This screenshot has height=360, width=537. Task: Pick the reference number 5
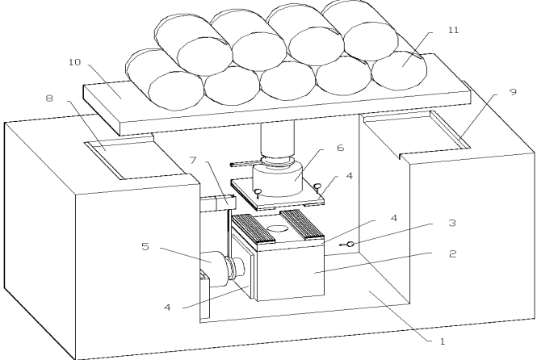[145, 246]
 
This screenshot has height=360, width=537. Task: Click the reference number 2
[452, 253]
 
